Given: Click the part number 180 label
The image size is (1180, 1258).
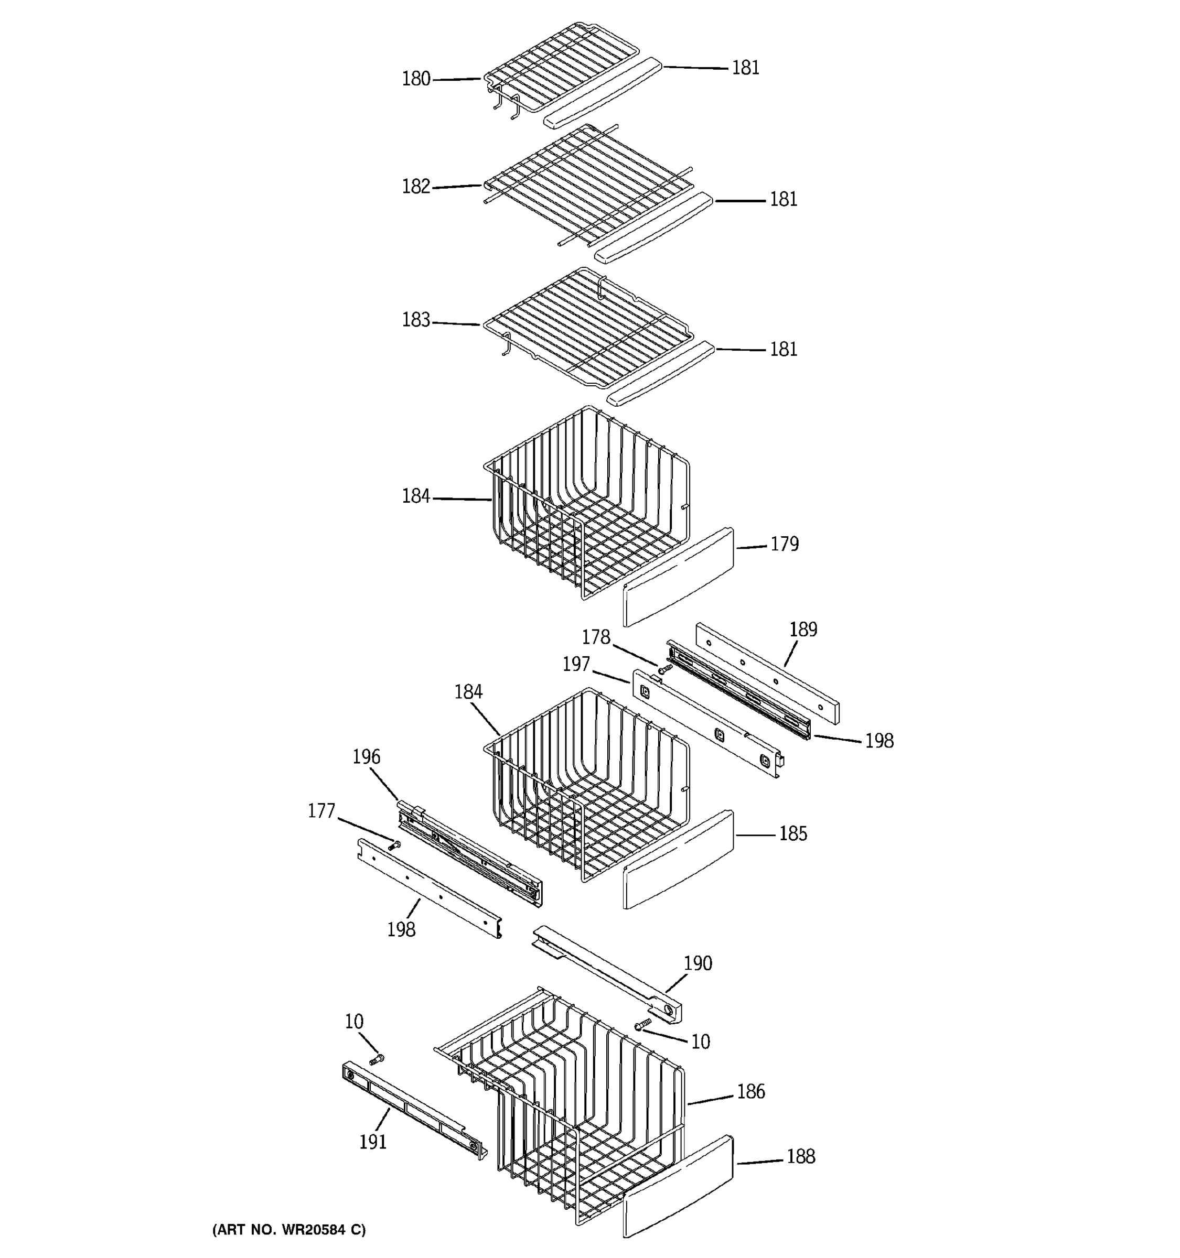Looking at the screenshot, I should (416, 79).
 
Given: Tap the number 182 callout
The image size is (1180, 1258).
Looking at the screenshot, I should (416, 187).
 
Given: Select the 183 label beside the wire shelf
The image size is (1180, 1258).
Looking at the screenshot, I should (416, 320).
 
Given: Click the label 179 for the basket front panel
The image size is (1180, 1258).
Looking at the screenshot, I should (785, 544).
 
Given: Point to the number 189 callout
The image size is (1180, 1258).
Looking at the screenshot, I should (803, 630).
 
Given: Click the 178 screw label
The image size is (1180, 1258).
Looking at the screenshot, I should (596, 637).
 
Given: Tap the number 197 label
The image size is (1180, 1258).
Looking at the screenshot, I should (576, 665).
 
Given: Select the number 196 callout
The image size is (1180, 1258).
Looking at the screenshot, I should (366, 757).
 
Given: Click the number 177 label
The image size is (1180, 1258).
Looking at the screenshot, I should (321, 811).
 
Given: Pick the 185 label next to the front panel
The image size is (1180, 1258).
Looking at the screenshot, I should (792, 834).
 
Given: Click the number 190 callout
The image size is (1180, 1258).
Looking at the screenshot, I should (698, 964).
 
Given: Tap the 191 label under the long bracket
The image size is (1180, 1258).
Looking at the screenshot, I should (373, 1142).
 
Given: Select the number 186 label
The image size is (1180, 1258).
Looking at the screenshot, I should (751, 1091).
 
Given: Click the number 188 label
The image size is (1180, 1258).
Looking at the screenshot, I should (800, 1157).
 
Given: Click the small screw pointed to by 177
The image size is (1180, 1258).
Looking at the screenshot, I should (395, 845).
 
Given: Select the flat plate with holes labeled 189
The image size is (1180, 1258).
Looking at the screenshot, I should (767, 672).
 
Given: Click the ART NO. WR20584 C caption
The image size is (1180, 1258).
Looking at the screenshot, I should (288, 1230).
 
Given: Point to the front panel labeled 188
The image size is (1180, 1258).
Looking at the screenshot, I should (678, 1187).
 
